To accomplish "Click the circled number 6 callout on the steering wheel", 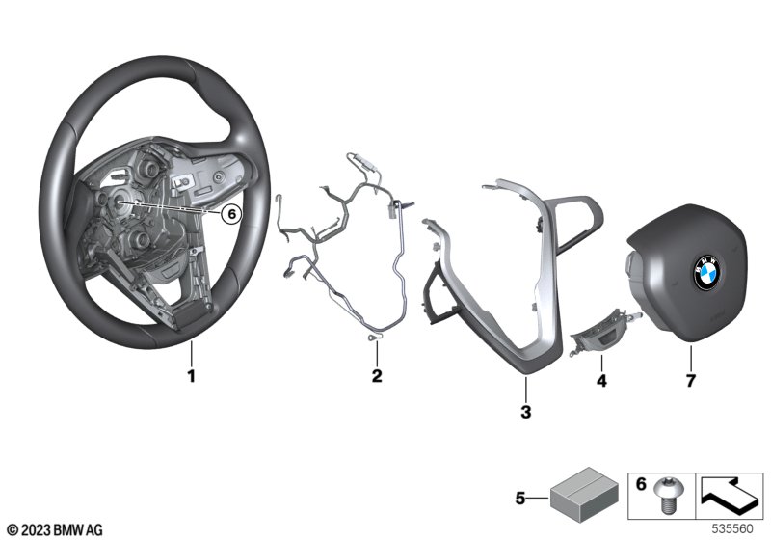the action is pyautogui.click(x=231, y=214).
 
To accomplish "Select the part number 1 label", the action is pyautogui.click(x=192, y=376).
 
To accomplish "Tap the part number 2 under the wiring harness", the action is pyautogui.click(x=377, y=376).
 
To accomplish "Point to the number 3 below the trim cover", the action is pyautogui.click(x=526, y=412).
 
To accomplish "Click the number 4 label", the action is pyautogui.click(x=601, y=381).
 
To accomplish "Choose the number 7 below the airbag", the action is pyautogui.click(x=691, y=381).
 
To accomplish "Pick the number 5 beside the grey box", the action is pyautogui.click(x=520, y=499).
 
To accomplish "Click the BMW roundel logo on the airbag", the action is pyautogui.click(x=706, y=273).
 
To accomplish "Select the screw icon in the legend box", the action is pyautogui.click(x=665, y=496).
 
